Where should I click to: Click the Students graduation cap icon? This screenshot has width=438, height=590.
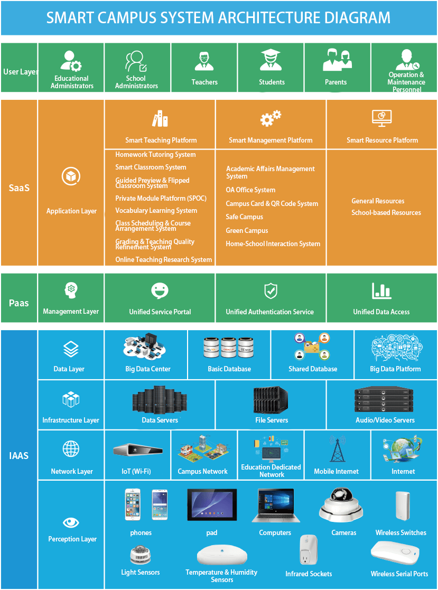271,60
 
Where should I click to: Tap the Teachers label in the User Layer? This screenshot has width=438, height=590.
204,82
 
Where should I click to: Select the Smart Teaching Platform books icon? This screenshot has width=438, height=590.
160,119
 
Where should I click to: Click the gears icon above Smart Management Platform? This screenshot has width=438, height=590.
271,118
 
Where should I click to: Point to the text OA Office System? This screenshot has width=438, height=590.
250,190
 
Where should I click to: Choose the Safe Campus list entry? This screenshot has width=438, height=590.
244,217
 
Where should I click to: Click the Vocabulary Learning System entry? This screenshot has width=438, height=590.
156,211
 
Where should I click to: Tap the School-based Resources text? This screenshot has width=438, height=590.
386,213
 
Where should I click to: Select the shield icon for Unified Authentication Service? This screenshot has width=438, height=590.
271,291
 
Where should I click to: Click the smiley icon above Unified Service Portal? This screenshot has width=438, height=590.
160,291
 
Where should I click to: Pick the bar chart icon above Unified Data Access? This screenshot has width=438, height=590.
381,291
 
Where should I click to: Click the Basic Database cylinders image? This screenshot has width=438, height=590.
229,347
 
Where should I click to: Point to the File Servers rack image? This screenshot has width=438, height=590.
271,400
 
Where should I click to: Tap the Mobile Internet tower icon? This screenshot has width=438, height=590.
337,449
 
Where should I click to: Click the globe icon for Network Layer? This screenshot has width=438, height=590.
71,449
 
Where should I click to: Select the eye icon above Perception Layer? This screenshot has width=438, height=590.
71,523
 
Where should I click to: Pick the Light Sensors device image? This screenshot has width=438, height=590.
141,555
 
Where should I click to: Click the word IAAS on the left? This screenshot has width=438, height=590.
19,455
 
